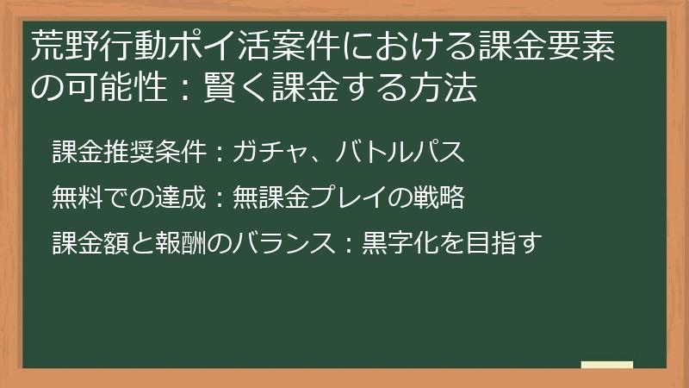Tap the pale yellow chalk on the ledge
pyautogui.click(x=606, y=366)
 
